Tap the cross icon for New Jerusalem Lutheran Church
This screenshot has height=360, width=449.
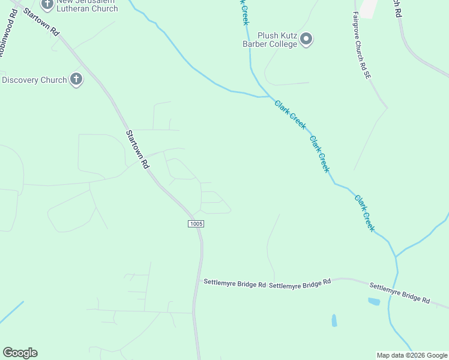tap(47, 5)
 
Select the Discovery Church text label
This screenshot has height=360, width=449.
tap(34, 80)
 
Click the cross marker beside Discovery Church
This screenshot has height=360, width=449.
tap(76, 79)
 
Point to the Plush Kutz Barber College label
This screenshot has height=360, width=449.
tap(278, 40)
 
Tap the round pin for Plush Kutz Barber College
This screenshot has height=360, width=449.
tap(307, 40)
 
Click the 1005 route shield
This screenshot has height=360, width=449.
tap(196, 224)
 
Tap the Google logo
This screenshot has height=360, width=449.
tap(20, 353)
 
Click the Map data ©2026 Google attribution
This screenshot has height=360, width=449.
tap(412, 355)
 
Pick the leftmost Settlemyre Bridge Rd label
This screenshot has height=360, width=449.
tap(235, 283)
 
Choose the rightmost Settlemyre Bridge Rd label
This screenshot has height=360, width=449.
tap(399, 293)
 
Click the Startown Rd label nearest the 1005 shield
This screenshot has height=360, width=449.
tap(136, 149)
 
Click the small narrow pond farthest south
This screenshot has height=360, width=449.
tap(334, 320)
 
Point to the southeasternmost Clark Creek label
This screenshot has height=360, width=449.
tap(364, 213)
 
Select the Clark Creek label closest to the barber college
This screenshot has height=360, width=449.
tap(291, 114)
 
